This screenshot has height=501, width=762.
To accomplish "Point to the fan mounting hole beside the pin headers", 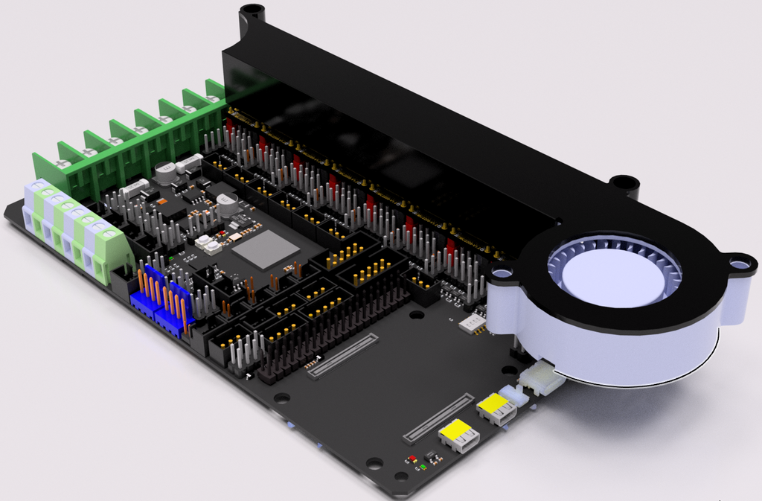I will pyautogui.click(x=502, y=273).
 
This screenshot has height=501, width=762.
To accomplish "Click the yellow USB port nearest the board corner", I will pyautogui.click(x=458, y=435).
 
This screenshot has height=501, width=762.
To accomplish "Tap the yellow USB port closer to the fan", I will pyautogui.click(x=496, y=407).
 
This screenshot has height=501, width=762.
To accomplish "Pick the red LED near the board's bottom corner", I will pyautogui.click(x=412, y=459).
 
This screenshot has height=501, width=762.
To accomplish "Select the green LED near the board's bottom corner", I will pyautogui.click(x=423, y=467).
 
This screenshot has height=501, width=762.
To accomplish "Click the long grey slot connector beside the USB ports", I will pyautogui.click(x=438, y=416).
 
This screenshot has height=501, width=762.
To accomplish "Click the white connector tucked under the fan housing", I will pyautogui.click(x=541, y=377).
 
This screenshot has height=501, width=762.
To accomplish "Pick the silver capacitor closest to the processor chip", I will pyautogui.click(x=228, y=203).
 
